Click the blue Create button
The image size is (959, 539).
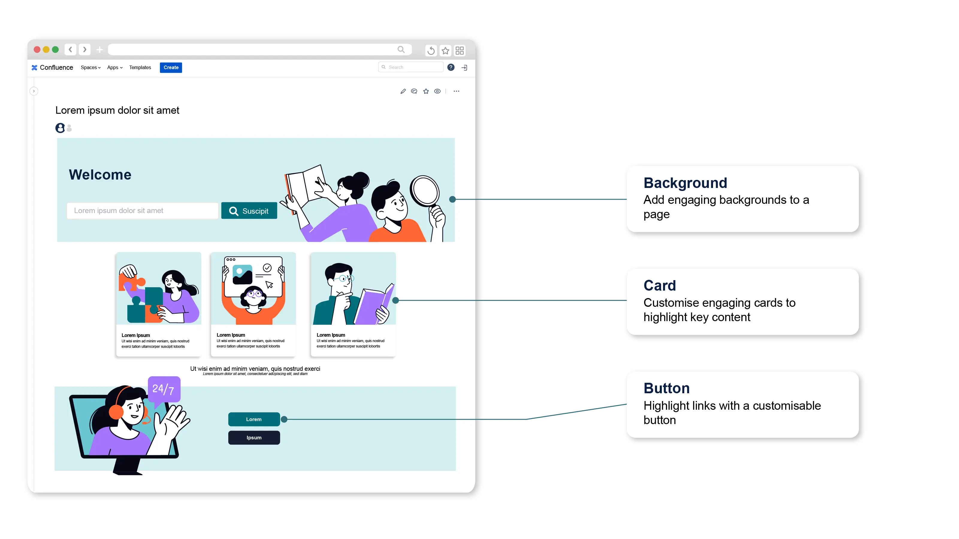click(x=171, y=67)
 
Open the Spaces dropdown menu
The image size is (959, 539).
click(x=90, y=67)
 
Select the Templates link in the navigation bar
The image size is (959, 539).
click(x=140, y=67)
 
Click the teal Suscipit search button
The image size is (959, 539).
click(x=249, y=211)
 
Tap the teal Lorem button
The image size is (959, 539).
click(x=254, y=419)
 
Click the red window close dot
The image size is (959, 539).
click(x=37, y=49)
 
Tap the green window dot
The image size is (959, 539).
click(x=55, y=49)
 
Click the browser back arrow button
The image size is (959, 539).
click(x=70, y=49)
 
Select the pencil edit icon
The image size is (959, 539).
click(x=403, y=91)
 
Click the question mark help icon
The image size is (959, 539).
click(x=451, y=67)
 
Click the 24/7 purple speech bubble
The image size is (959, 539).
click(x=164, y=389)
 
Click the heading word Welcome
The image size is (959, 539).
click(x=100, y=175)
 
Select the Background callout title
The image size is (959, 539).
click(x=685, y=183)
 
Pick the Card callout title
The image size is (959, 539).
click(x=659, y=286)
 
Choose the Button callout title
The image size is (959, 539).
click(x=666, y=388)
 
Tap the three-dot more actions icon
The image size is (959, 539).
click(x=456, y=91)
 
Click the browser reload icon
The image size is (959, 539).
click(x=431, y=51)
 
